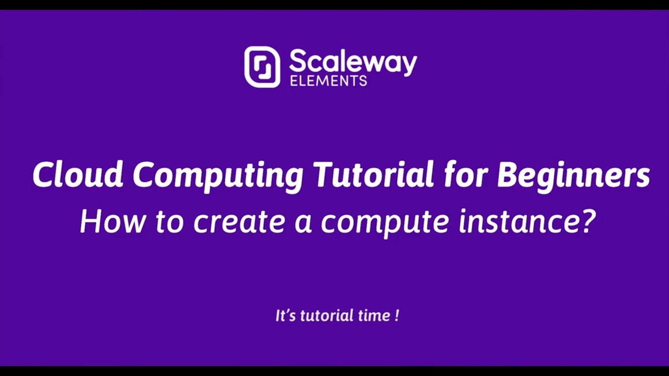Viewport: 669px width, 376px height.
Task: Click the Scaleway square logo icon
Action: [262, 67]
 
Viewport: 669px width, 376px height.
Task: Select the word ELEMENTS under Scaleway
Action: [328, 81]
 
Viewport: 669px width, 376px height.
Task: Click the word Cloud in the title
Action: [77, 174]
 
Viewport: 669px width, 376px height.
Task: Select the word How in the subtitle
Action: [110, 221]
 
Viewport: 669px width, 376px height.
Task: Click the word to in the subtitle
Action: [169, 221]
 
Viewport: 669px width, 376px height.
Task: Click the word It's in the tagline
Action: [284, 315]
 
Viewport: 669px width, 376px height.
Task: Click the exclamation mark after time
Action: [397, 315]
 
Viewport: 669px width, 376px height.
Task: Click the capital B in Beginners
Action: [507, 174]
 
